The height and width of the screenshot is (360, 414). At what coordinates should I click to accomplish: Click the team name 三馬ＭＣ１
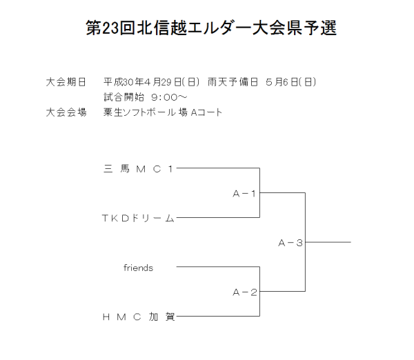pos(139,168)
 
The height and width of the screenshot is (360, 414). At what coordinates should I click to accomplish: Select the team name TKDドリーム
pos(139,218)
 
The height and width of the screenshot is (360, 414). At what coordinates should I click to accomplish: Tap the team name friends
pos(138,268)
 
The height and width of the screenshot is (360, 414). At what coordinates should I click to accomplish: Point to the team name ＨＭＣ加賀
pos(139,317)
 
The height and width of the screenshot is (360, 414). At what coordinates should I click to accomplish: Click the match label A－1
pos(244,193)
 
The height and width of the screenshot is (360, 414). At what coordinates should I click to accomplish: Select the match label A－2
pos(244,292)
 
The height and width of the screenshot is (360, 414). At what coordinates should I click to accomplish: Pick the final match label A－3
pos(290,242)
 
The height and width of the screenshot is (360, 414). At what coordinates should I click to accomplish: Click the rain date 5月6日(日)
pos(290,81)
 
